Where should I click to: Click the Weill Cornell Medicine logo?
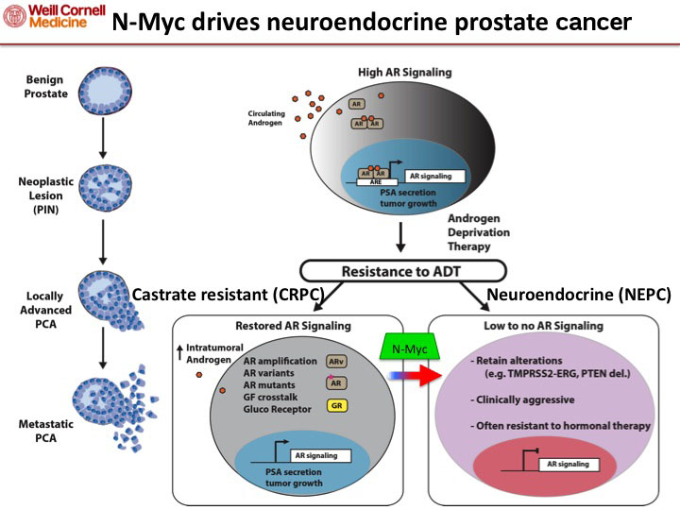pyautogui.click(x=49, y=16)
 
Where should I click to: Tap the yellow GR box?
pyautogui.click(x=335, y=406)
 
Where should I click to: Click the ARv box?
pyautogui.click(x=335, y=361)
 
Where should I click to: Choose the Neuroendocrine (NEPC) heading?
pyautogui.click(x=578, y=296)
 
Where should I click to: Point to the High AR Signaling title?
pyautogui.click(x=404, y=73)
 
